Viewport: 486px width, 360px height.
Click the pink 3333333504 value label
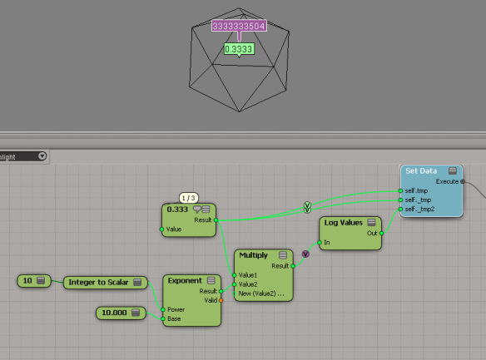point(239,27)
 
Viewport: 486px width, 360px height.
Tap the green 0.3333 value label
point(239,50)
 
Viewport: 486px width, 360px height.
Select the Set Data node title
point(420,170)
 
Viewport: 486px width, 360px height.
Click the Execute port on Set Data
point(463,181)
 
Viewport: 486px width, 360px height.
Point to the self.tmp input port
point(400,190)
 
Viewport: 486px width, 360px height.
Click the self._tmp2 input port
point(400,209)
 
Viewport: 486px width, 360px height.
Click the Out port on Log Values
point(381,234)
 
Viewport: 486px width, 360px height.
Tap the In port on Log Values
point(319,243)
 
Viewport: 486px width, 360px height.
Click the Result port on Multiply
point(292,266)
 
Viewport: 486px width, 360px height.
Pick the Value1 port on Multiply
point(235,275)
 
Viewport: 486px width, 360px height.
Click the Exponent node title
point(185,281)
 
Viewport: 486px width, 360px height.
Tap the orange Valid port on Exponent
point(221,300)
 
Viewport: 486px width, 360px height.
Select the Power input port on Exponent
point(163,309)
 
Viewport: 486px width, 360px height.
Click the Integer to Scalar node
point(105,283)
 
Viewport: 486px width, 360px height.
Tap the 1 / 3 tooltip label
point(189,198)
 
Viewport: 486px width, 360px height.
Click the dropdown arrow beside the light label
point(42,155)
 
